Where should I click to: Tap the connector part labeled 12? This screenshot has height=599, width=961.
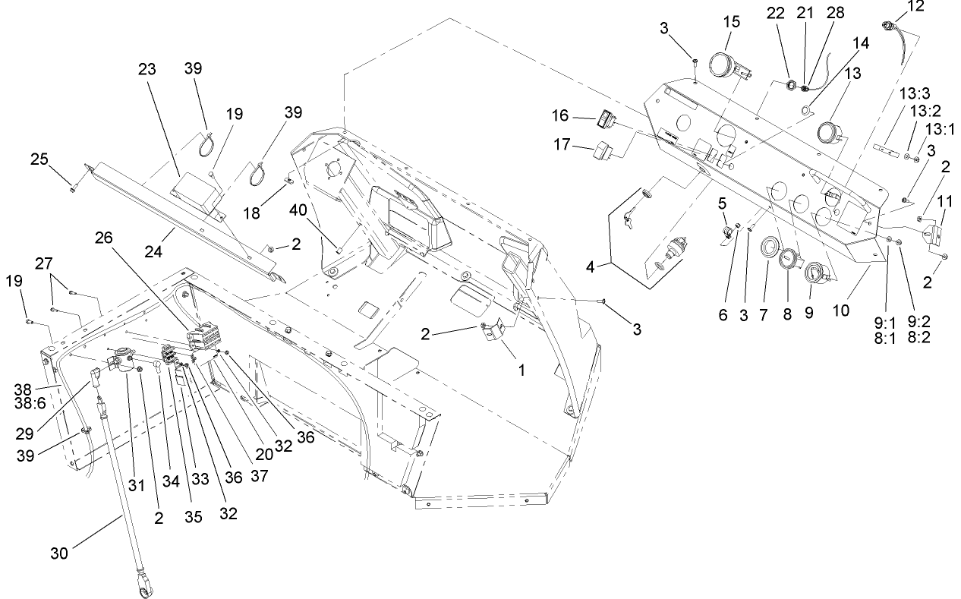(x=889, y=27)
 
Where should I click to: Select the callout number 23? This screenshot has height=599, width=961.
(x=147, y=68)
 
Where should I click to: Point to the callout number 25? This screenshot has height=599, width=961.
(x=39, y=159)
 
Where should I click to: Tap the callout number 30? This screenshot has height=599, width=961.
(x=59, y=553)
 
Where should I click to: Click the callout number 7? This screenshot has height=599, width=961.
(x=764, y=311)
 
